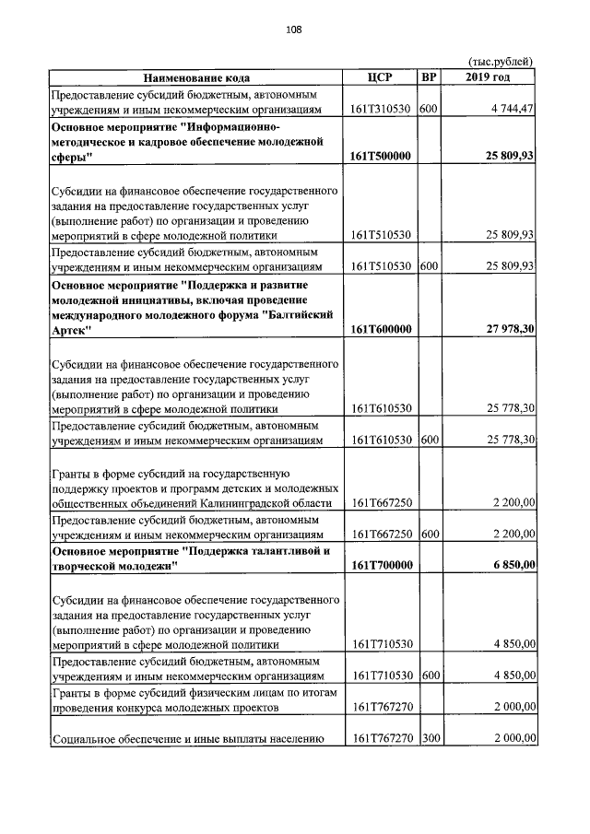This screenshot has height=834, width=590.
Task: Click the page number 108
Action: pos(294,29)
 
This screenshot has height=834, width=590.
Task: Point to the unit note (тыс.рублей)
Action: pos(501,62)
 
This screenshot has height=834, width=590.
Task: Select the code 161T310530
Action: pos(382,110)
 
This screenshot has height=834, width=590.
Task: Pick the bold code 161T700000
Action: pos(382,566)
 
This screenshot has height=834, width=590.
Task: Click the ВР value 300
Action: pos(428,739)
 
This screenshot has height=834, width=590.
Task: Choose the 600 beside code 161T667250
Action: pos(428,534)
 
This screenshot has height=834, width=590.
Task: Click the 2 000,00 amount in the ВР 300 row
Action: pos(513,739)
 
